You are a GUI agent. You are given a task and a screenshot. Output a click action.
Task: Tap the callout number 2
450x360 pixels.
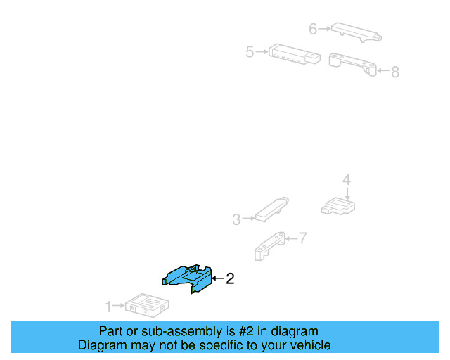pos(230,278)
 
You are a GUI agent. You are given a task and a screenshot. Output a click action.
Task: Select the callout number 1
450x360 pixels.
pos(108,307)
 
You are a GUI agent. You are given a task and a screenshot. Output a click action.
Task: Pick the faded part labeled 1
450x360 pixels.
pos(147,305)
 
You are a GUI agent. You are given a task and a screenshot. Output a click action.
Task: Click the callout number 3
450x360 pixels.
pos(236,219)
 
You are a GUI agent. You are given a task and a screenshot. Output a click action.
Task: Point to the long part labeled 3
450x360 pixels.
pos(272,210)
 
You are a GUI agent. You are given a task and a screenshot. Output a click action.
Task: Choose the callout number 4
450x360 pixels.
pos(347,180)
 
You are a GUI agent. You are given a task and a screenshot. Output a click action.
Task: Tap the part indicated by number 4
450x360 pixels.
pos(338,206)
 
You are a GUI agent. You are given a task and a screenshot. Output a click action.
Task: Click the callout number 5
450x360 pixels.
pos(250,52)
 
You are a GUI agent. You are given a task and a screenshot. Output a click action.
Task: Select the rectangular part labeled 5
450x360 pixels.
pos(295,54)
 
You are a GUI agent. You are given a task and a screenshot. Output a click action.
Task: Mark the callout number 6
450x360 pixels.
pos(313,29)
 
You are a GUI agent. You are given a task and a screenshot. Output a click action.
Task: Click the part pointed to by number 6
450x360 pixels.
pos(356,32)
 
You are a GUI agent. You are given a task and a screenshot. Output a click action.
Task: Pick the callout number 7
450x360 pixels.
pos(303,238)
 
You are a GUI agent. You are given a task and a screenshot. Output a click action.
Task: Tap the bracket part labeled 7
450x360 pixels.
pos(270,246)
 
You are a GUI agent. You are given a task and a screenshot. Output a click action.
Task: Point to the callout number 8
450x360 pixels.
pos(395,72)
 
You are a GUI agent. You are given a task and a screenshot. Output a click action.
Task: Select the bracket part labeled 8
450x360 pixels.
pos(352,64)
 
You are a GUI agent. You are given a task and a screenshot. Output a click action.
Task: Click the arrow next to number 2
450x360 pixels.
pos(218,278)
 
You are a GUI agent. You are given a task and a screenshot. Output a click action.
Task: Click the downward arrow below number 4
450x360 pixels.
pos(347,194)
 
